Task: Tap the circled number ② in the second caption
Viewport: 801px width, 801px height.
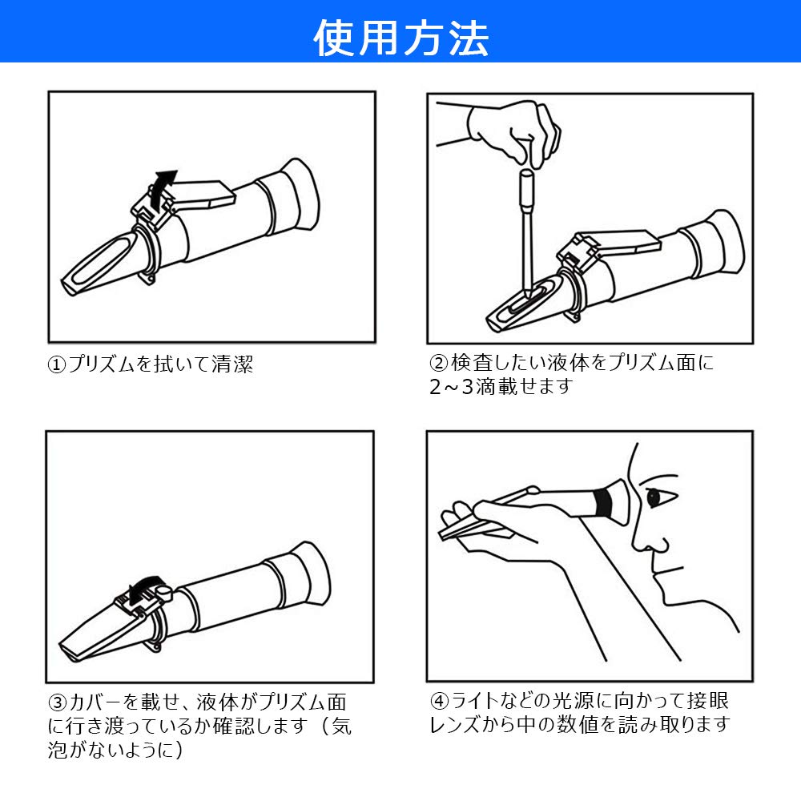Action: click(x=439, y=363)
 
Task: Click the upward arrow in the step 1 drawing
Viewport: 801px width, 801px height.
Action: click(x=164, y=183)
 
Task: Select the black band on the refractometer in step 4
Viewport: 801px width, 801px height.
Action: click(x=603, y=503)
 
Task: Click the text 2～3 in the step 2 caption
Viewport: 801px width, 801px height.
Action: click(x=453, y=387)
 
